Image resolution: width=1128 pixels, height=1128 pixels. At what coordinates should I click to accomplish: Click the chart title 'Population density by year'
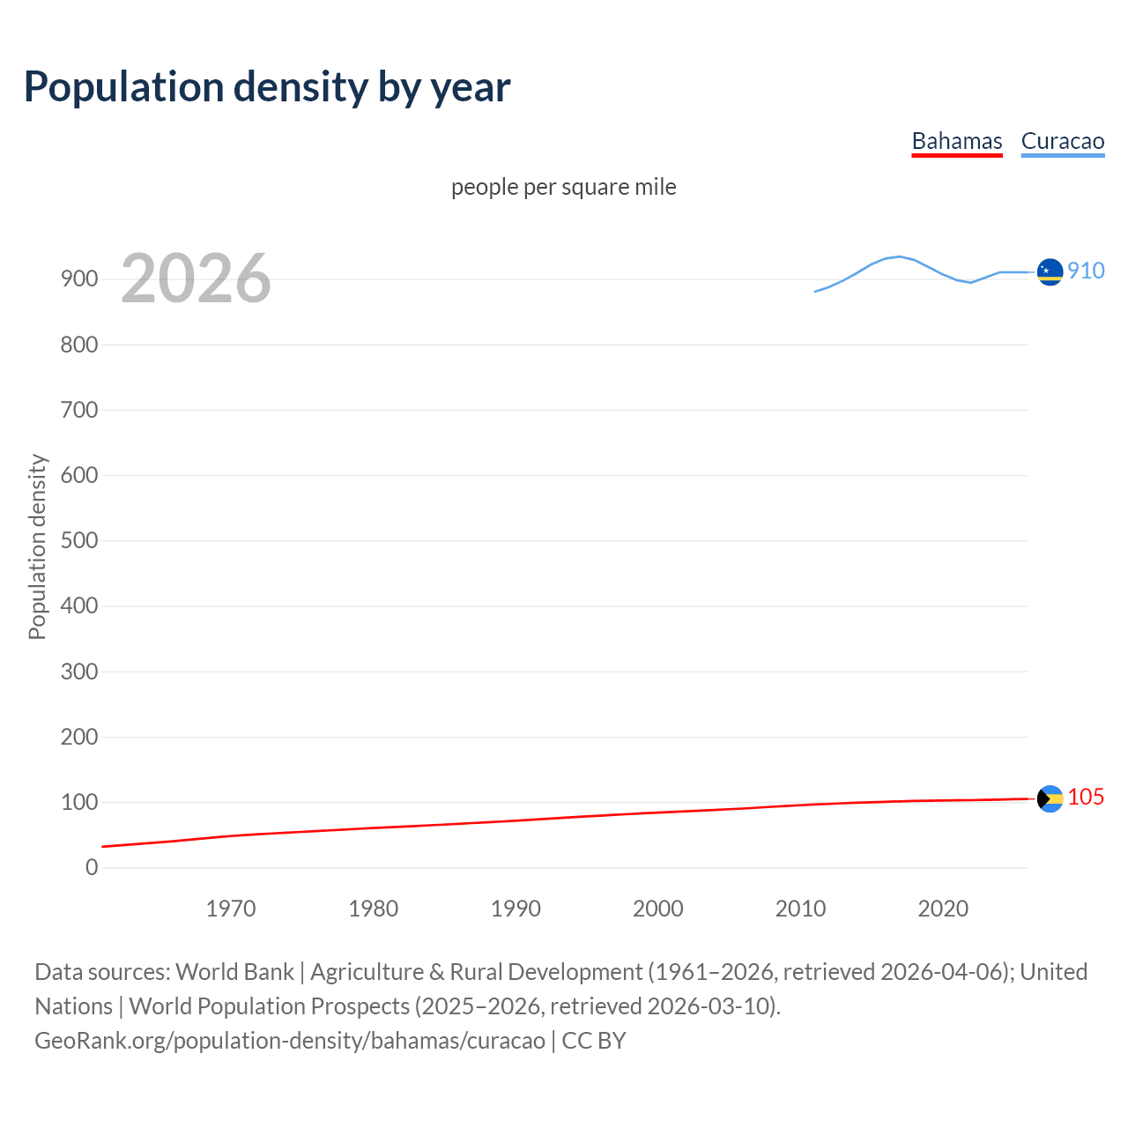click(267, 87)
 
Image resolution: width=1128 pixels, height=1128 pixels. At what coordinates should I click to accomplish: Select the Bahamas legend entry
click(956, 141)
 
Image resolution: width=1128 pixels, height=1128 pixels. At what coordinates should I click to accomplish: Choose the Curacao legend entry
click(1062, 141)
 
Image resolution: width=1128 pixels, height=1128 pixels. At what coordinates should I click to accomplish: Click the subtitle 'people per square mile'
click(563, 187)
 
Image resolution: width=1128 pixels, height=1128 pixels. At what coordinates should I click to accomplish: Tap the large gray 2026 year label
click(196, 278)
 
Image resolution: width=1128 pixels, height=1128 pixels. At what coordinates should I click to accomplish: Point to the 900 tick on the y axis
click(79, 279)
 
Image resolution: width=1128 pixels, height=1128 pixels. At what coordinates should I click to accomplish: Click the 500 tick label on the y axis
click(79, 540)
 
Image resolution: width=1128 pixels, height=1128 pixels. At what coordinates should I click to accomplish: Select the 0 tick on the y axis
click(92, 867)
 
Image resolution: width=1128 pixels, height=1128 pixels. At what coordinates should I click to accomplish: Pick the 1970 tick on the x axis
click(231, 909)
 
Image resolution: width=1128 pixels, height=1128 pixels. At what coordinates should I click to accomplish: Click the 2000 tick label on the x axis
click(658, 909)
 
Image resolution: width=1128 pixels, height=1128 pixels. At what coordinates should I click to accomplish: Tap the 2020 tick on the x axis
click(943, 909)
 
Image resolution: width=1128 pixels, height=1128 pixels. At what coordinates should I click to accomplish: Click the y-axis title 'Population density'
click(37, 546)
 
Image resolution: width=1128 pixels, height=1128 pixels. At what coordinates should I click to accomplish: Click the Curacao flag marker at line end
click(1050, 272)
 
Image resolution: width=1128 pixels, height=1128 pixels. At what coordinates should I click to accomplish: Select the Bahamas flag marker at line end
click(1050, 798)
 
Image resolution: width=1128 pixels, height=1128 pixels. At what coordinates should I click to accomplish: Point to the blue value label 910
click(1086, 271)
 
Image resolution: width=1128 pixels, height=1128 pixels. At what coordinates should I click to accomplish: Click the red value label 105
click(1086, 797)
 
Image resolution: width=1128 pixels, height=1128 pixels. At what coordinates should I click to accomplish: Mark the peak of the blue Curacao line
click(898, 256)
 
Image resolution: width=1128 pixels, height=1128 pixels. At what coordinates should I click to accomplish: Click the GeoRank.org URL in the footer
click(289, 1040)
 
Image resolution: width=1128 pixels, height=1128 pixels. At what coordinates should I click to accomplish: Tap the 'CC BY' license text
click(594, 1040)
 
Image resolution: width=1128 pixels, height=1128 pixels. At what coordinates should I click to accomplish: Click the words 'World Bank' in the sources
click(234, 971)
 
